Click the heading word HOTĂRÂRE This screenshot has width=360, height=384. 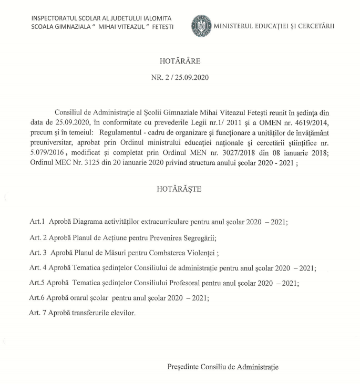[x=180, y=61]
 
